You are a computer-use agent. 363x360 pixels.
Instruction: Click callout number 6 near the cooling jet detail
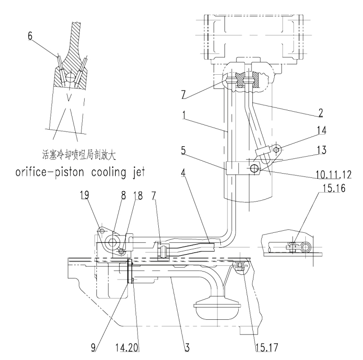(x=30, y=36)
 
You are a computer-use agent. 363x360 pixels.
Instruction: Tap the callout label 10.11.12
(x=334, y=175)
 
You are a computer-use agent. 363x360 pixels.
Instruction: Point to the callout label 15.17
(x=267, y=348)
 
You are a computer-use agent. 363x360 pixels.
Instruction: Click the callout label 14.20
(x=127, y=348)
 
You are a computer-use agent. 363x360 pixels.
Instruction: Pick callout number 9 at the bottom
(x=93, y=348)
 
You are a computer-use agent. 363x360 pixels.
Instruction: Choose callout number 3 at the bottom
(x=187, y=348)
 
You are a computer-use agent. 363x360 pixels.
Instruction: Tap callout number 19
(x=85, y=195)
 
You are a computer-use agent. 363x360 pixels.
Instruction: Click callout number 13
(x=321, y=150)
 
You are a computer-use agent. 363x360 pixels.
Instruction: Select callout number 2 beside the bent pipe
(x=320, y=113)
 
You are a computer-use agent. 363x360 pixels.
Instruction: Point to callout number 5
(x=183, y=150)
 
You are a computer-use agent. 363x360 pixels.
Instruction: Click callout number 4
(x=183, y=173)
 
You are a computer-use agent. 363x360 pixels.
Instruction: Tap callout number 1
(x=184, y=115)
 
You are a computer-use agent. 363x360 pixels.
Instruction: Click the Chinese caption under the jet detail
(x=79, y=155)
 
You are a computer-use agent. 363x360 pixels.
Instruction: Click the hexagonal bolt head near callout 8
(x=112, y=242)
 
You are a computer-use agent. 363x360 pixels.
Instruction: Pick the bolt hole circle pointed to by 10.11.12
(x=254, y=169)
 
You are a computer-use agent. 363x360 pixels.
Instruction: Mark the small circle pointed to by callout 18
(x=122, y=251)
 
